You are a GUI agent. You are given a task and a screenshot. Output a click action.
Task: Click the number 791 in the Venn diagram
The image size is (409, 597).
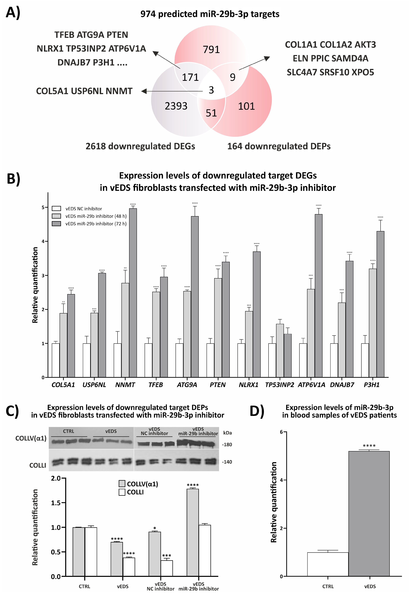click(211, 49)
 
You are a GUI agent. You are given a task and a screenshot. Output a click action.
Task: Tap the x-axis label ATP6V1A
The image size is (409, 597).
click(311, 385)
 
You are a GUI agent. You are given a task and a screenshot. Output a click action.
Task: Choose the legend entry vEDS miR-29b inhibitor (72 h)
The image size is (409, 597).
click(96, 224)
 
